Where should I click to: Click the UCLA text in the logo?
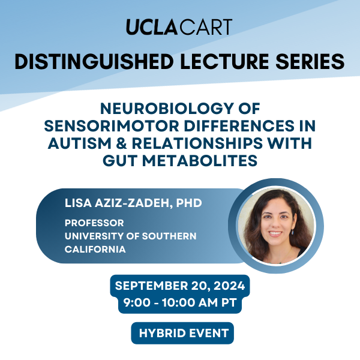click(152, 27)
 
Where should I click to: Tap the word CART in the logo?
click(206, 27)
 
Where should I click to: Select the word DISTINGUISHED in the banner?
click(94, 62)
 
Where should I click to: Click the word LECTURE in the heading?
click(224, 62)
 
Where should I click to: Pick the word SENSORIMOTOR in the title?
click(112, 126)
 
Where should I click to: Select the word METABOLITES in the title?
click(200, 160)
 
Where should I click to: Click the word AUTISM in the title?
click(80, 143)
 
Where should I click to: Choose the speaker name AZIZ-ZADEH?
click(134, 203)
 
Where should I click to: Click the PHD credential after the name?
click(189, 203)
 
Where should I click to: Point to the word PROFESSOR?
click(94, 223)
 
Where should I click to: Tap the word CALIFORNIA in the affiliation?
click(95, 250)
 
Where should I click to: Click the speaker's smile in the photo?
click(275, 233)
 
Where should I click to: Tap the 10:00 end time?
click(179, 302)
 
